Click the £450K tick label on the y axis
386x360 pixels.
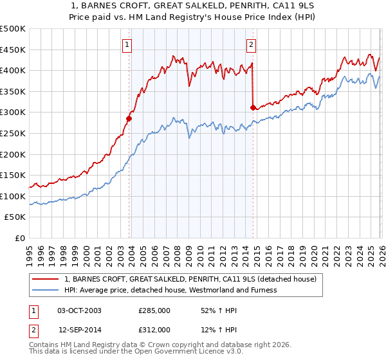click(13, 50)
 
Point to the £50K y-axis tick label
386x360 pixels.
click(15, 217)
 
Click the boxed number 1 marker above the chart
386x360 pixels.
click(128, 45)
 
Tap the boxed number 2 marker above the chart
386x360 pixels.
click(251, 45)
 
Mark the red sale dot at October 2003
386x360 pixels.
click(129, 118)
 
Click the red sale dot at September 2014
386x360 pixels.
click(253, 107)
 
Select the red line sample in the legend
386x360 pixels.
click(46, 280)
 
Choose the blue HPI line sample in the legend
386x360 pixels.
click(46, 290)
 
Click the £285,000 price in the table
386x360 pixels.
click(154, 310)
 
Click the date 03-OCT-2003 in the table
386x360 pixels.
click(79, 310)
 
